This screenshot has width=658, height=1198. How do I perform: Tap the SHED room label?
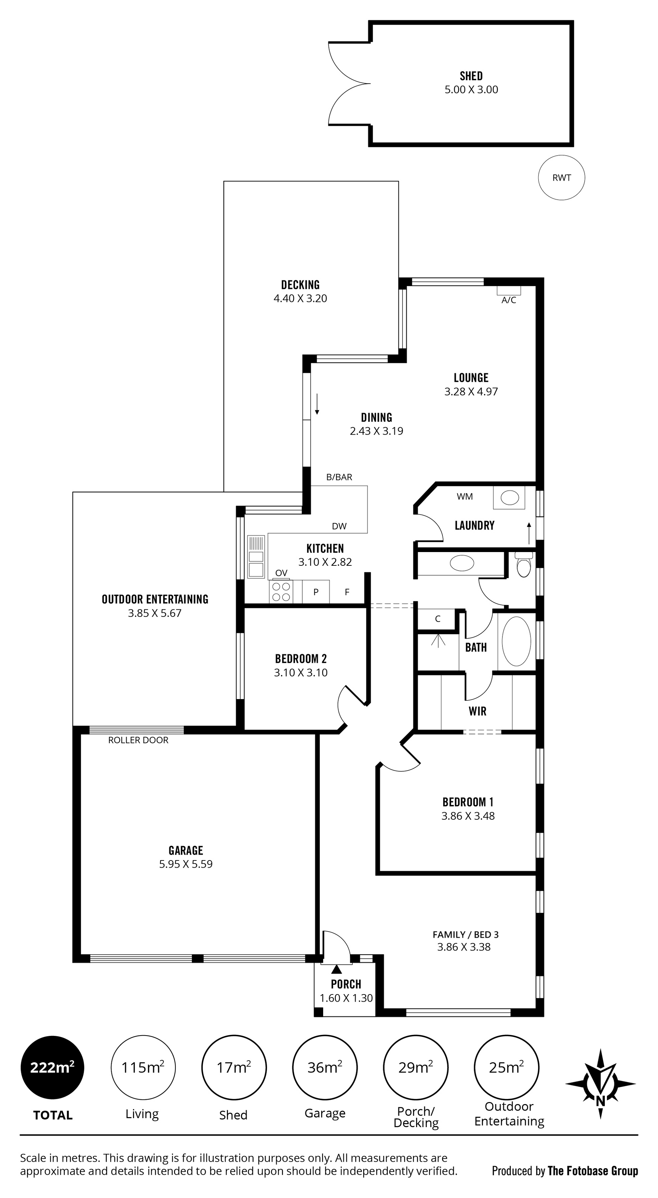click(471, 76)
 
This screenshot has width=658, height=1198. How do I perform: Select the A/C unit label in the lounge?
click(509, 300)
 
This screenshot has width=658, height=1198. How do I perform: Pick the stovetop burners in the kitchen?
click(281, 591)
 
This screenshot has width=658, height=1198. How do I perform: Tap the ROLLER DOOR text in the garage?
click(138, 740)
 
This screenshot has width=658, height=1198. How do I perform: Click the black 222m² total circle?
click(52, 1067)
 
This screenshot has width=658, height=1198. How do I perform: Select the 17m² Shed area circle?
click(234, 1067)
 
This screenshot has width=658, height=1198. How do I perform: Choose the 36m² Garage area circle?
click(325, 1067)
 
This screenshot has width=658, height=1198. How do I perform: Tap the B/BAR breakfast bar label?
click(339, 477)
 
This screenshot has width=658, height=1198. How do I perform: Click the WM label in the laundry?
click(465, 497)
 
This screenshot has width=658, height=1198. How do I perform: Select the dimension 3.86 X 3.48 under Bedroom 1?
click(468, 816)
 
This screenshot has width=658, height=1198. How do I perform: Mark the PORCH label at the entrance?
click(346, 984)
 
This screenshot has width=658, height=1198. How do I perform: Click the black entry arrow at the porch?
click(336, 969)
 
